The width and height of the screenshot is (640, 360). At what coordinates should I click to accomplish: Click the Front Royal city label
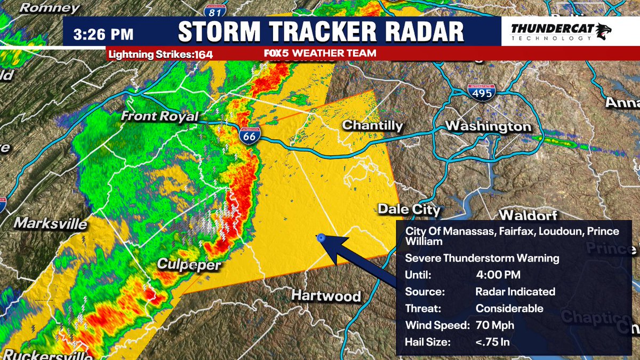coord(159,117)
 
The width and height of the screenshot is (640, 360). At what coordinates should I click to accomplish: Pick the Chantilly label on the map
coord(372,125)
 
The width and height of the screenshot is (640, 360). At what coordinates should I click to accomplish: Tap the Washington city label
coord(488,127)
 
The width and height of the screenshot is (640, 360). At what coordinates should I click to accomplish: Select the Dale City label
coord(409,210)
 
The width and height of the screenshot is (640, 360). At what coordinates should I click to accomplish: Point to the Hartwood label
coord(326,297)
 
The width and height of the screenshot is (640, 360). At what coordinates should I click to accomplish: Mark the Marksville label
coord(51,223)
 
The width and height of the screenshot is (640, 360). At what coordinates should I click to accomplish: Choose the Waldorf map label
coord(527,216)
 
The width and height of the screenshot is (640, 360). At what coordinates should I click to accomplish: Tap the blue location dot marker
coord(321,239)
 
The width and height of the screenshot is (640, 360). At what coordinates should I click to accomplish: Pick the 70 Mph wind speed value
coord(494,325)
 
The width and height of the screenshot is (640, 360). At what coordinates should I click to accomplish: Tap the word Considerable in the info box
coord(509,308)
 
